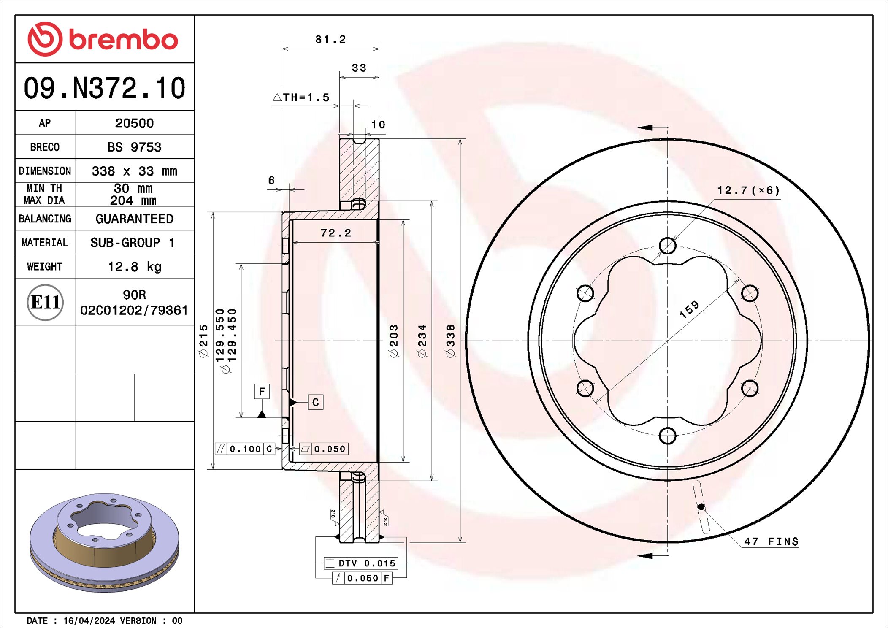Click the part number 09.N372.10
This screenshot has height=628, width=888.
pos(104,88)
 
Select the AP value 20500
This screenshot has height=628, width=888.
pos(134,123)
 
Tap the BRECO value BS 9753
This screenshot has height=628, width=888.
pos(134,147)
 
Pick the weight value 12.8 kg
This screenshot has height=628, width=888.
pos(134,267)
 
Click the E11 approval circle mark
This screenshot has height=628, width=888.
pos(45,302)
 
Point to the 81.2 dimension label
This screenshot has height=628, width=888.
pos(330,40)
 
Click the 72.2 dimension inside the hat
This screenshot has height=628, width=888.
pos(336,233)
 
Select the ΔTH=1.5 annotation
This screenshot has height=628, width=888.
pos(301,97)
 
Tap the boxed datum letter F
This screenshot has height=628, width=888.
pos(262,391)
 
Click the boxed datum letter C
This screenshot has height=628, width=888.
pos(315,402)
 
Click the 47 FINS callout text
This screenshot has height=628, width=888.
pos(771,541)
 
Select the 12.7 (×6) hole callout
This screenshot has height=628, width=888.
pos(748,190)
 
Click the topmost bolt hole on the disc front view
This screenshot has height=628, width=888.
pos(667,245)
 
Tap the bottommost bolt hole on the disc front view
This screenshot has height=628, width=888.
pos(667,436)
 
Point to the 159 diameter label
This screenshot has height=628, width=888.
pos(689,309)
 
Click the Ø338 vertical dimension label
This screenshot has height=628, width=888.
pos(451,341)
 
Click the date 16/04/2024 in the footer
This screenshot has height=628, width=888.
pos(89,620)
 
